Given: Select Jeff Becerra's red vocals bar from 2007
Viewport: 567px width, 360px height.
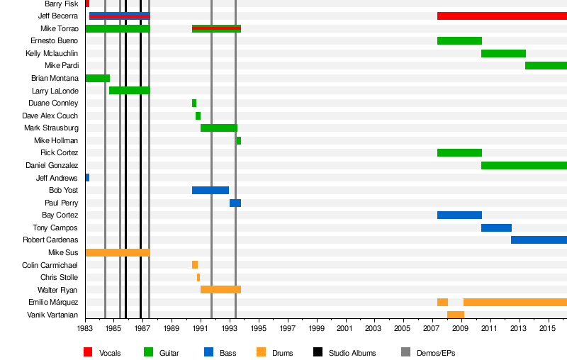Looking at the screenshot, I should pos(502,16).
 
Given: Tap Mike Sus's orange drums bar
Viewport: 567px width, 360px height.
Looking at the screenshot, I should pos(117,252).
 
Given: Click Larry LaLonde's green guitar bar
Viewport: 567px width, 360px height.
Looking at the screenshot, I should pos(129,91).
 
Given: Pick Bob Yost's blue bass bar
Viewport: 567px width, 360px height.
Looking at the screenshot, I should pos(210,190).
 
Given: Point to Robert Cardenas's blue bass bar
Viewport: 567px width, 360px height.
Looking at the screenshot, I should pos(539,240).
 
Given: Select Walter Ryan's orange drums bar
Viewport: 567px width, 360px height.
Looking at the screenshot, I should pos(220,290).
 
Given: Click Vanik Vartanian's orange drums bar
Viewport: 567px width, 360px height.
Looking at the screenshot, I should pos(456,315).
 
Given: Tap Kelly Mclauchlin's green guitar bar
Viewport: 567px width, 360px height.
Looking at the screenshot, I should pos(503,53).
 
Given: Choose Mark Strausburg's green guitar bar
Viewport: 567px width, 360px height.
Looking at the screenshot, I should pos(218,128).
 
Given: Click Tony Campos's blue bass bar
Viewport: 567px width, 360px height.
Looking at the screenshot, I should pos(496,227).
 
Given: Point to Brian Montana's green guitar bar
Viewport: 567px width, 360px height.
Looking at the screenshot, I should pos(97,78).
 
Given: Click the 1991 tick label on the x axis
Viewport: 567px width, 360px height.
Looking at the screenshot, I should pos(201,330).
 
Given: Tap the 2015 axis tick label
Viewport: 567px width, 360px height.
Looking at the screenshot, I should pos(547,330).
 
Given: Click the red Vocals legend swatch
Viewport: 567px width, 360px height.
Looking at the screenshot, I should pos(88,352).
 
